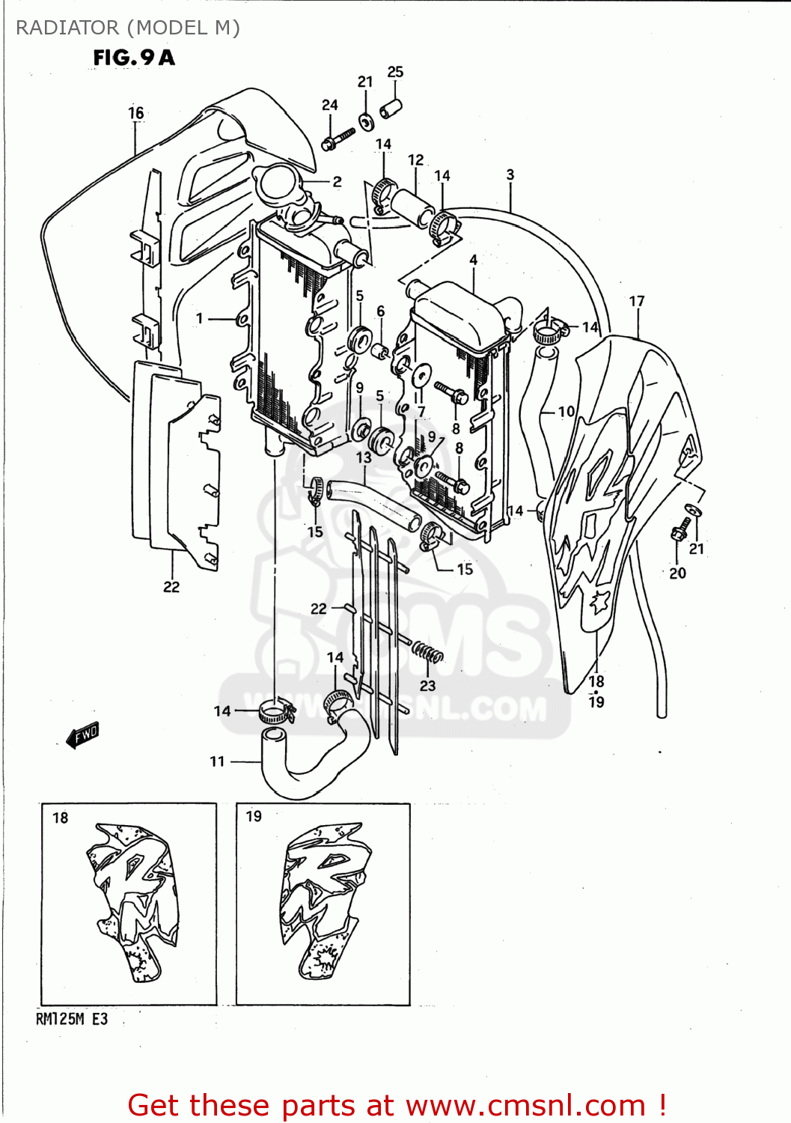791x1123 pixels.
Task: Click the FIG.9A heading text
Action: tap(134, 58)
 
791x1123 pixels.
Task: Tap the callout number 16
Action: tap(135, 113)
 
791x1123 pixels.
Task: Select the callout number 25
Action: tap(395, 72)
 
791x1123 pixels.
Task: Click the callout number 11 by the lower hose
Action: tap(217, 761)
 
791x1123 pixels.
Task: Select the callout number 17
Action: tap(637, 301)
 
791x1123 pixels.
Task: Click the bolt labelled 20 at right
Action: tap(682, 529)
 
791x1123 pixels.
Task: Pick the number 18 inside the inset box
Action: tap(61, 818)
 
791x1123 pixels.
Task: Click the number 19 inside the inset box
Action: tap(254, 816)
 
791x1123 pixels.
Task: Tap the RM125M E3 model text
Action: tap(72, 1019)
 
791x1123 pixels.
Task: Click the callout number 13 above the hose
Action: tap(364, 457)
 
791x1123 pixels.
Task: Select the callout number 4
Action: tap(474, 260)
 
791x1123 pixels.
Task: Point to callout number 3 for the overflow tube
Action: tap(510, 174)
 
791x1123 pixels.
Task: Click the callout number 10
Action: tap(566, 411)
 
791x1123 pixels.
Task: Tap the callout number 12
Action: tap(415, 160)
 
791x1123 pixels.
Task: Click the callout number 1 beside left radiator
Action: tap(200, 318)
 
